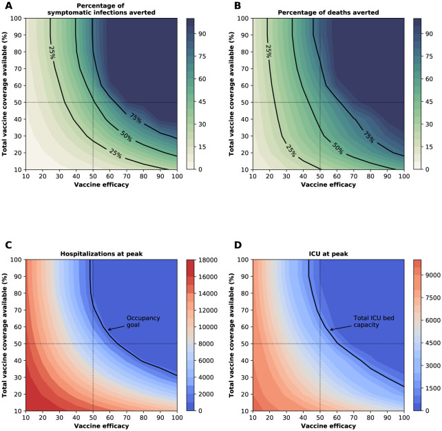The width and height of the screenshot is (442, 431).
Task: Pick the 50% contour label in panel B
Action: tap(337, 148)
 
